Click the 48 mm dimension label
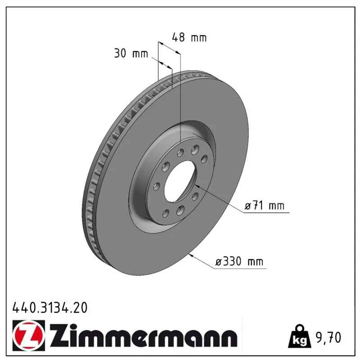point(189,37)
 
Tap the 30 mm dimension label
point(131,53)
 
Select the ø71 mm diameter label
point(265,206)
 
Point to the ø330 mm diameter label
point(239,261)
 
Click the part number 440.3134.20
point(50,308)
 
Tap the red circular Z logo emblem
point(29,336)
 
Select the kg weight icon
point(300,336)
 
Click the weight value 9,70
point(328,337)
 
